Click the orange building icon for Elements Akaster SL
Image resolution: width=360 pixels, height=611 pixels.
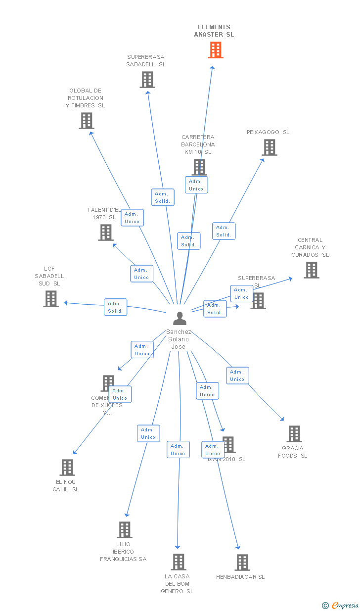[215, 50]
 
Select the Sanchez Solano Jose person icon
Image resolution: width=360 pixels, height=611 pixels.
[180, 319]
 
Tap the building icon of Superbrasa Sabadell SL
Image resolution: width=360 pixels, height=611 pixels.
[147, 80]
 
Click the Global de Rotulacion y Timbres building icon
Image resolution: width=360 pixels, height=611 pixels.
[87, 121]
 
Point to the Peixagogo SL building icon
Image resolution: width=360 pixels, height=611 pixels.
[269, 147]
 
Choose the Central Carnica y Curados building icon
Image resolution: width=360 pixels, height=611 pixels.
[311, 270]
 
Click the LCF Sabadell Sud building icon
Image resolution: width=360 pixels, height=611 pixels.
[51, 299]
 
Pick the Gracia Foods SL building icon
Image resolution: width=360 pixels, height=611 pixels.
[294, 434]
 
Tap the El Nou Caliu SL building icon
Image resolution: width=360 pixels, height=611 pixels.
[67, 468]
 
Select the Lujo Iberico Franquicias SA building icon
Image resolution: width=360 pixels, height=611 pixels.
[125, 530]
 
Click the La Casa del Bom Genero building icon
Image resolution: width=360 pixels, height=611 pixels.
[179, 562]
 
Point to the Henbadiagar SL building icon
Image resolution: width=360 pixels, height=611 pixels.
[242, 563]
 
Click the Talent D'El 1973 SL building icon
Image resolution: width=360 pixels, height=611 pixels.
[105, 233]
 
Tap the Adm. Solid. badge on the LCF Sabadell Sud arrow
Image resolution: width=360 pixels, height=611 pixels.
[115, 307]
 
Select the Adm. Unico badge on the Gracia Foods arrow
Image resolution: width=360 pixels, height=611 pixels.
[237, 376]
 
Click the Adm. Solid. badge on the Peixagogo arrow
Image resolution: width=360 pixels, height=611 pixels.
[224, 231]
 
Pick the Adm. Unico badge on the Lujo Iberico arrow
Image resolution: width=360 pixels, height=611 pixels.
[148, 433]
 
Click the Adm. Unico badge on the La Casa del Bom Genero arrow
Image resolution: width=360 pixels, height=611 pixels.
[178, 450]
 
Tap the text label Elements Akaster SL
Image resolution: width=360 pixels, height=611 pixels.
[214, 31]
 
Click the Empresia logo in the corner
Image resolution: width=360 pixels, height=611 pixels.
[341, 605]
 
